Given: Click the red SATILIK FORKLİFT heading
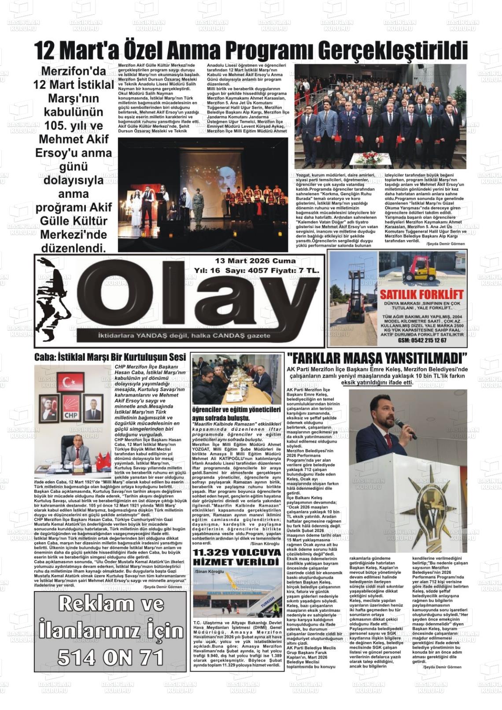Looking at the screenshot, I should click(416, 294).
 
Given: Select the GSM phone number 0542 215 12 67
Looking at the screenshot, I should click(416, 340).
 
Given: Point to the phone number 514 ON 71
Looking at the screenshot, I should click(111, 658).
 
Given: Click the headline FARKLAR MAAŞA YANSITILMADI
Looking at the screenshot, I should click(376, 357).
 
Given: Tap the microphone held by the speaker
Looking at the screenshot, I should click(406, 428).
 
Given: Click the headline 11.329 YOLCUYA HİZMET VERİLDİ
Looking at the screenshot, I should click(237, 558).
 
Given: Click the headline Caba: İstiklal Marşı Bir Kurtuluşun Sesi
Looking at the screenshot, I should click(110, 357).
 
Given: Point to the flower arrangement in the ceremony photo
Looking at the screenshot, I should click(369, 158).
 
